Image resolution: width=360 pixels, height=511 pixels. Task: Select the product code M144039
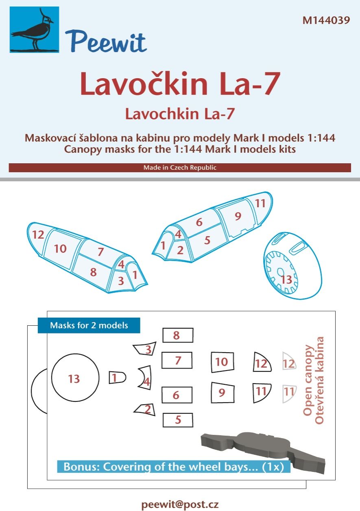pos(326,20)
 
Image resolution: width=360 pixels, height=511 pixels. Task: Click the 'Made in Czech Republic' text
pos(180,168)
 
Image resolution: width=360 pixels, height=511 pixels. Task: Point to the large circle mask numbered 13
pos(75,379)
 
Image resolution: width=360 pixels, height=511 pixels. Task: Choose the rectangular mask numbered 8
pos(177,336)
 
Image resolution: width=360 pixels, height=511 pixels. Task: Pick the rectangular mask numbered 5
pos(177,420)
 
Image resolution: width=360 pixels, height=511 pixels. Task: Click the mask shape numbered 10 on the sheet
pos(222,362)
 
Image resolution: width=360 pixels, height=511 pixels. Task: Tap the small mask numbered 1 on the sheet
pos(116,378)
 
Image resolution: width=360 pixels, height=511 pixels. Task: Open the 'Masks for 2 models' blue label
pos(89,326)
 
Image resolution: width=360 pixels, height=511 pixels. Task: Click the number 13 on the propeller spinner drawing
pos(286,280)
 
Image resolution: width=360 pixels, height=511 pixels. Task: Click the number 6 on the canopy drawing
pos(199,222)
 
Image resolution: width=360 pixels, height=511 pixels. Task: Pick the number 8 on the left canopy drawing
pos(93,272)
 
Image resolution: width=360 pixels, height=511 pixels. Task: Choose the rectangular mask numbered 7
pos(177,360)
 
